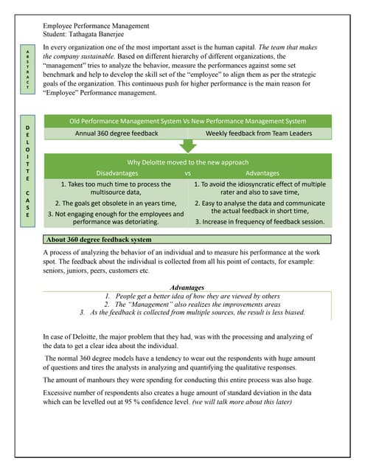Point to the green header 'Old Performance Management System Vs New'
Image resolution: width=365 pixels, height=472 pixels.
coord(188,120)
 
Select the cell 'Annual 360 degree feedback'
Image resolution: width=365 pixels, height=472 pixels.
coord(117,133)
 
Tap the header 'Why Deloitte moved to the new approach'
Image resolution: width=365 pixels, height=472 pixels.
coord(188,162)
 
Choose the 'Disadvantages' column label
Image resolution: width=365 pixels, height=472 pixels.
coord(117,174)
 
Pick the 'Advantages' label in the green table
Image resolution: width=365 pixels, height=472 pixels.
coord(260,174)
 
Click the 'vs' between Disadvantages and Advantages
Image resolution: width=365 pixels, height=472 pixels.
coord(188,174)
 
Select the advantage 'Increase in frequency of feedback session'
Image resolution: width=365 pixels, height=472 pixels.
coord(259,221)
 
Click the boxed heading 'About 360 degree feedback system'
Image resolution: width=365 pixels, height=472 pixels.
coord(99,240)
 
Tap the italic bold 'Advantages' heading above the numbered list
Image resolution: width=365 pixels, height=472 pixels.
coord(187,287)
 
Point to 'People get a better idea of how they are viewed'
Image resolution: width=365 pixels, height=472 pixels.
coord(187,295)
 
